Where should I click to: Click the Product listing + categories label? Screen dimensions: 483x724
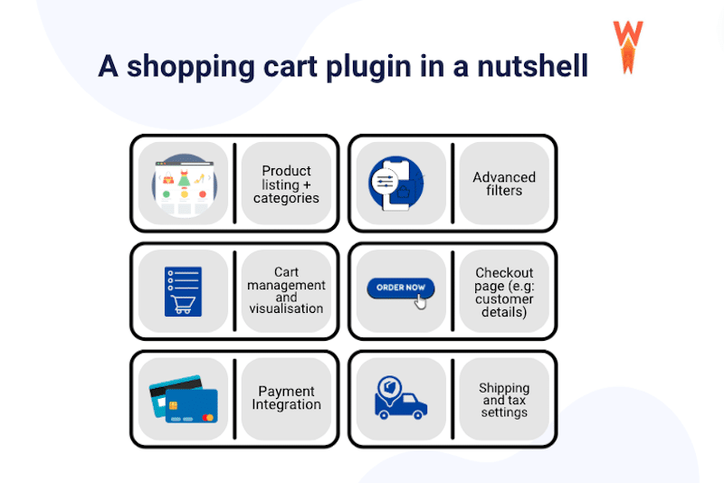(x=286, y=184)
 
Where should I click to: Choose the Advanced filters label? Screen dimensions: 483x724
(x=504, y=184)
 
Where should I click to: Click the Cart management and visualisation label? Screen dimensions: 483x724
(x=286, y=290)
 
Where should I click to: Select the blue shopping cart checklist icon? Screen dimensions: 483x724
(x=183, y=290)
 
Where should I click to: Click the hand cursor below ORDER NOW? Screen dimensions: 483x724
(x=420, y=301)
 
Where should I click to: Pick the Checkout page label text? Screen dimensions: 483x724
(x=504, y=291)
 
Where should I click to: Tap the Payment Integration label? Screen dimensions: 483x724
(x=286, y=398)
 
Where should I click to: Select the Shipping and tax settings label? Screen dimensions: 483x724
(x=504, y=400)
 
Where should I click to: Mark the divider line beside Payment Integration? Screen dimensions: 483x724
(x=234, y=399)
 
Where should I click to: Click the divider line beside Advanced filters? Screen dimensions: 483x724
(x=452, y=184)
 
